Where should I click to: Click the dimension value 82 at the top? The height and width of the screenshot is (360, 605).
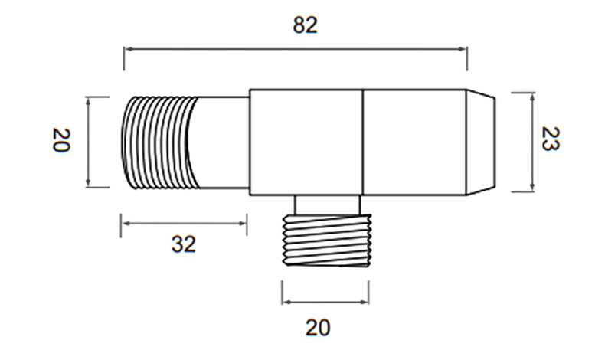[x=305, y=25]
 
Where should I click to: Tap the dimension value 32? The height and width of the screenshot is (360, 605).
[x=184, y=244]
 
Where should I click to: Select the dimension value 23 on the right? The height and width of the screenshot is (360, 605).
[x=551, y=139]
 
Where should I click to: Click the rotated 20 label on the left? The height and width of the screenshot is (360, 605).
[x=61, y=140]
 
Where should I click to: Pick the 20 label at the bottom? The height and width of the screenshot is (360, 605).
[x=318, y=328]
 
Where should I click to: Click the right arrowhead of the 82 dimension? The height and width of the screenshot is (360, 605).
[x=463, y=49]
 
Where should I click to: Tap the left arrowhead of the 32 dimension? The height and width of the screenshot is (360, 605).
[x=126, y=223]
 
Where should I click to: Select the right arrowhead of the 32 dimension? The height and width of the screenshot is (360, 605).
[x=242, y=223]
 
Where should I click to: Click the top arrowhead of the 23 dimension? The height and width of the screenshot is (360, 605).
[x=532, y=97]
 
